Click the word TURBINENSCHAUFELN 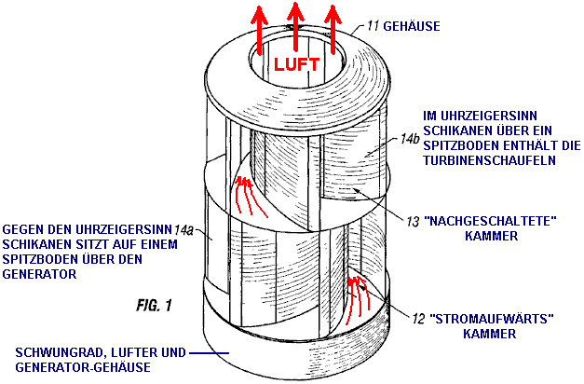point(480,160)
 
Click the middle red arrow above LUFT point(295,24)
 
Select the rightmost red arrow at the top point(331,25)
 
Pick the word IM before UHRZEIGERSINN point(430,113)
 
